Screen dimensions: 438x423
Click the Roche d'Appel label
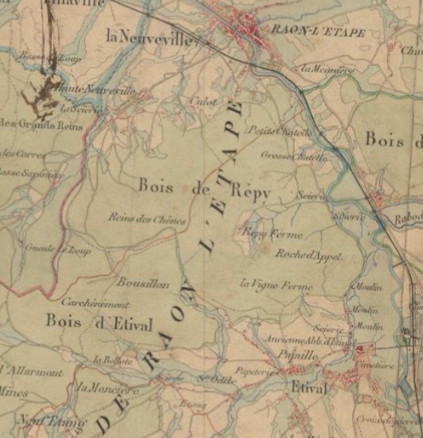point(308,256)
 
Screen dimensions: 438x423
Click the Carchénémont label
point(96,304)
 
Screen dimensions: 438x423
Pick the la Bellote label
point(108,360)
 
